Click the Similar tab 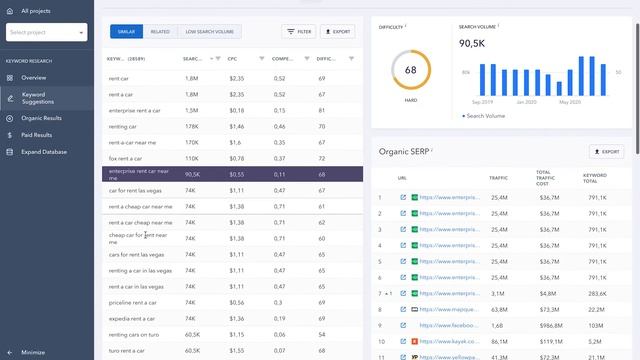pos(126,32)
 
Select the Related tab pos(160,32)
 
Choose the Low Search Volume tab pos(209,32)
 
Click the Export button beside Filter pos(338,32)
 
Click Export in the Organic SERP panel pos(606,152)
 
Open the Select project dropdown pos(47,33)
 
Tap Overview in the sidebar pos(34,77)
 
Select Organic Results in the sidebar pos(41,116)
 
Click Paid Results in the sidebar pos(38,134)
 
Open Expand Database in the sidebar pos(44,152)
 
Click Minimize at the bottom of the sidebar pos(33,352)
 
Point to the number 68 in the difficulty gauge pos(410,71)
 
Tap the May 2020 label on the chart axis pos(570,102)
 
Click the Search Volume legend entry pos(485,116)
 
